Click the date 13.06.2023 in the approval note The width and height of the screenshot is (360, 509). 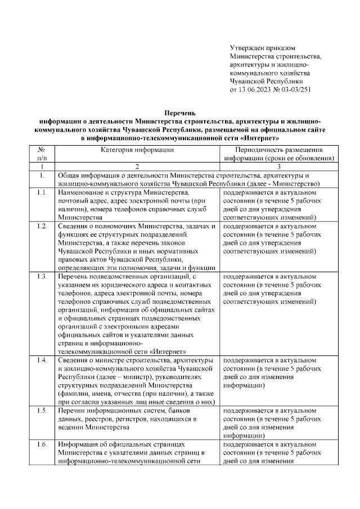256,89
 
